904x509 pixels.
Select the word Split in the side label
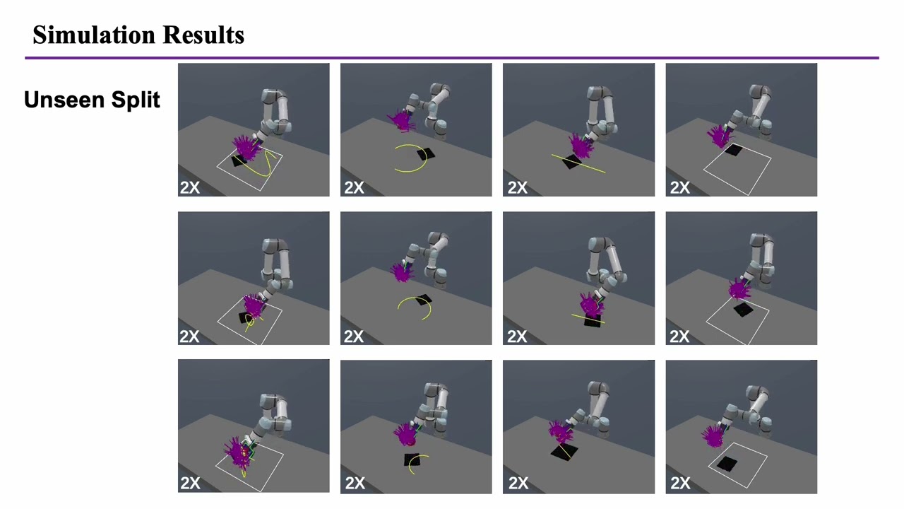pyautogui.click(x=138, y=100)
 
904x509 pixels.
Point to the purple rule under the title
pyautogui.click(x=452, y=57)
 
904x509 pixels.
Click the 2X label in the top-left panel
pyautogui.click(x=190, y=187)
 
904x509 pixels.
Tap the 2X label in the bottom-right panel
pyautogui.click(x=679, y=483)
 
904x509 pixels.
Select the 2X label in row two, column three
pyautogui.click(x=517, y=336)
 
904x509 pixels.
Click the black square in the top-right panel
pyautogui.click(x=734, y=150)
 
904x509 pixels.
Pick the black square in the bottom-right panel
pyautogui.click(x=727, y=464)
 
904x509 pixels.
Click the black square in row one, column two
pyautogui.click(x=426, y=154)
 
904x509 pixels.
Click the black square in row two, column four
pyautogui.click(x=742, y=310)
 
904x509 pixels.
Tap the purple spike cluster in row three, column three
pyautogui.click(x=560, y=431)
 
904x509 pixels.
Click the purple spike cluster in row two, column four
pyautogui.click(x=738, y=289)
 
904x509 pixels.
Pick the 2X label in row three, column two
pyautogui.click(x=355, y=483)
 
